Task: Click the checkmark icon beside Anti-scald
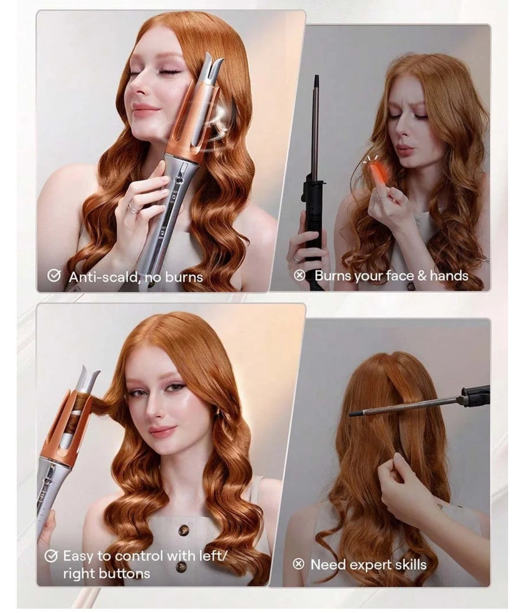click(53, 275)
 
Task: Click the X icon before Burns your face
click(299, 275)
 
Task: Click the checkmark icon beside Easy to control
click(51, 556)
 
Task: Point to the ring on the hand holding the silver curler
click(133, 207)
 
